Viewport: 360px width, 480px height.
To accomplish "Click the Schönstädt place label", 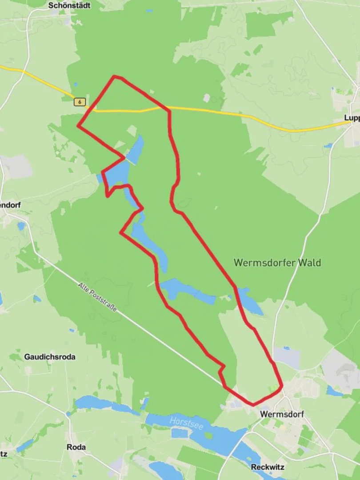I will click(69, 6).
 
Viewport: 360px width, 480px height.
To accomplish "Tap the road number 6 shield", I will click(80, 102).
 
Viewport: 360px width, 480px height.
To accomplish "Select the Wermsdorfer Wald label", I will click(277, 263).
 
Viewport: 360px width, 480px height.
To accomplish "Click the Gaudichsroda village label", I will click(50, 357).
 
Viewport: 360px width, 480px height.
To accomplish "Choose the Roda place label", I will click(76, 447).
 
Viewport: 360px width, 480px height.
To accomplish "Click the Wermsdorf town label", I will click(282, 414).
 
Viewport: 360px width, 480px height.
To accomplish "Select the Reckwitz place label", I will click(268, 467).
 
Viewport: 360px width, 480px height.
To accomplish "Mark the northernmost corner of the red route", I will click(115, 76).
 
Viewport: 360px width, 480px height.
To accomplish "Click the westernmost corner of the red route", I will click(78, 126).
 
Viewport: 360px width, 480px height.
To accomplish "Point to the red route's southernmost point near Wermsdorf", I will click(253, 405).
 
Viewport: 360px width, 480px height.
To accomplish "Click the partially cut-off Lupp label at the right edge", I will click(352, 118).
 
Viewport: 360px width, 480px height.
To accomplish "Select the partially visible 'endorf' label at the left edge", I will click(10, 205).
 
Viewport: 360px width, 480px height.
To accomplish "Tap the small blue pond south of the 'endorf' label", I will click(21, 226).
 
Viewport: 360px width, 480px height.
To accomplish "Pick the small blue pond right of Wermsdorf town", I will click(333, 391).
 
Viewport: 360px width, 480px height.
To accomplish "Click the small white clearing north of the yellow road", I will click(206, 97).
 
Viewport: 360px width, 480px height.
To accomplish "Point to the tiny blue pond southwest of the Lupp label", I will click(328, 145).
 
